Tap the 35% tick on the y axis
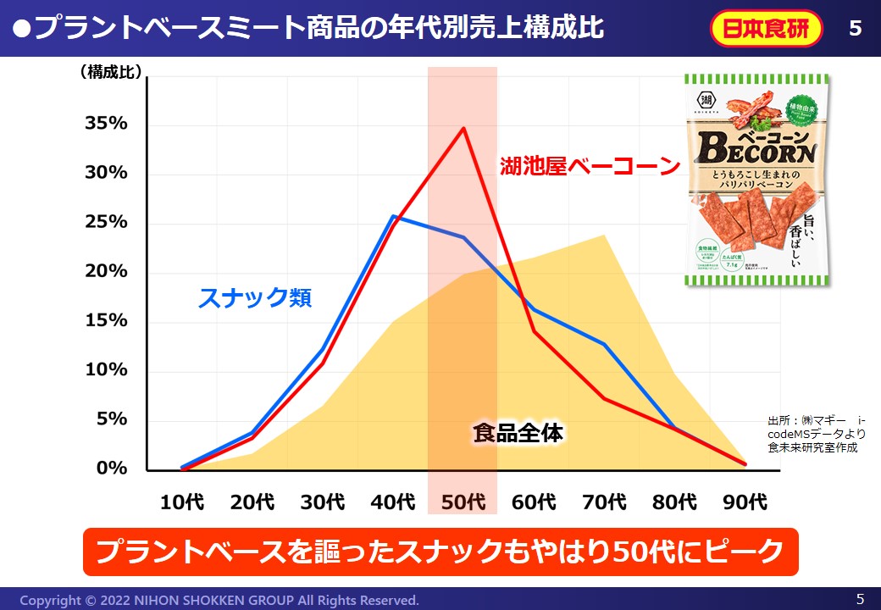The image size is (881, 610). click(x=106, y=124)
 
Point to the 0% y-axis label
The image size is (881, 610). click(x=111, y=469)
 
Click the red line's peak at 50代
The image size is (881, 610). click(x=463, y=128)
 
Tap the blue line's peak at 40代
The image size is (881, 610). click(x=393, y=217)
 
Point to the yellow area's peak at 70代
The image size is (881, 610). click(x=604, y=236)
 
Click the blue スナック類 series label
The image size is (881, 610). click(x=255, y=298)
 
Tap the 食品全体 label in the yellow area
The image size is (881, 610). click(x=518, y=434)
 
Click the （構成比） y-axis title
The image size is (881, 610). click(x=110, y=74)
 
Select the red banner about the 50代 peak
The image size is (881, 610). click(x=440, y=552)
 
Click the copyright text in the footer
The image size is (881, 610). click(x=219, y=600)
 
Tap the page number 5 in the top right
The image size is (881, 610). click(x=855, y=29)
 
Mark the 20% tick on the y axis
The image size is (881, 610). click(x=106, y=272)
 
